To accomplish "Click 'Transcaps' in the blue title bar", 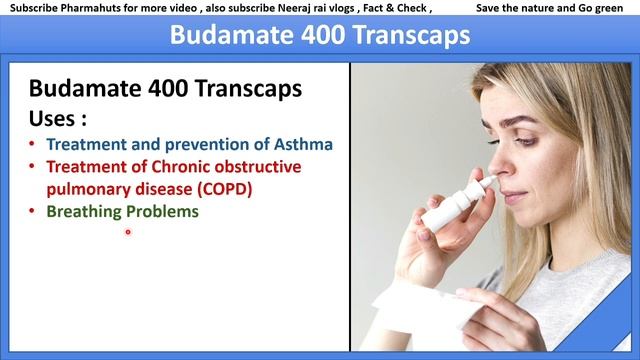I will [405, 36].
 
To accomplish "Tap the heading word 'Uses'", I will [52, 118].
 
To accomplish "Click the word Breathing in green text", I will [85, 211].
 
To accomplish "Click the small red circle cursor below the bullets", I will [128, 232].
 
